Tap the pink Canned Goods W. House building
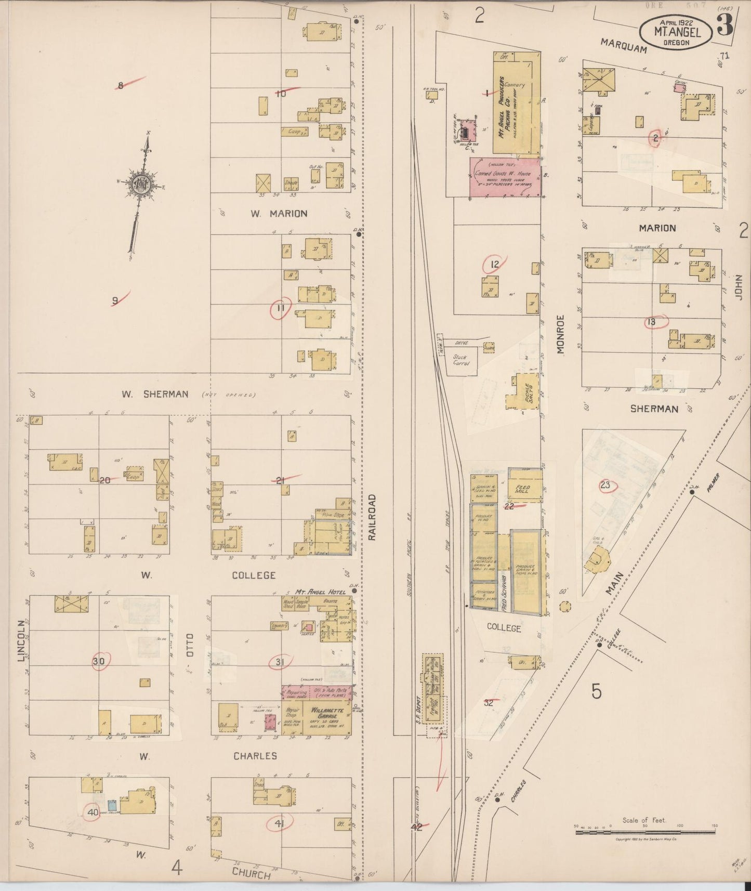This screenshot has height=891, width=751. [x=505, y=177]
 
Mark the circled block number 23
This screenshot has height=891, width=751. [x=605, y=486]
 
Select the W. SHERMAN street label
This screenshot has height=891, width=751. [x=155, y=394]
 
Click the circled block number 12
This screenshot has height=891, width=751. [x=494, y=264]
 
